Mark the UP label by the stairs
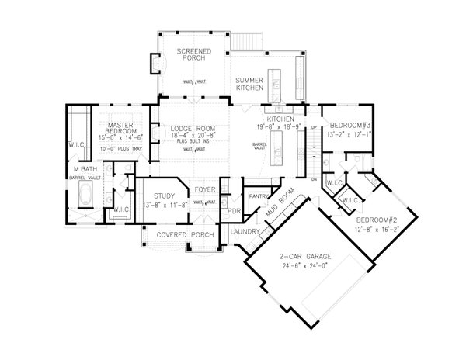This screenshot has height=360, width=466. (313, 126)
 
